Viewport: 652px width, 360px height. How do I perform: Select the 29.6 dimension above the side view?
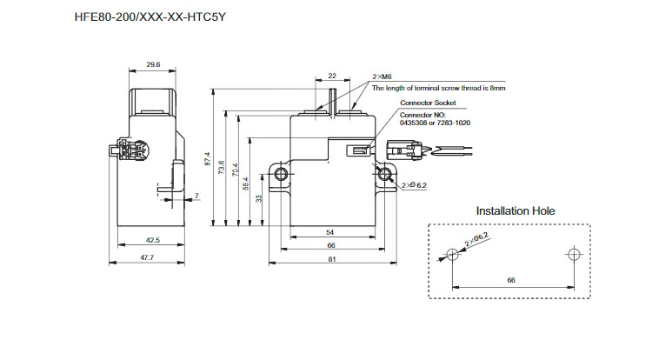click(x=152, y=64)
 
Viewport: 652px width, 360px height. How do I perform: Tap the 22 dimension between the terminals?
click(x=332, y=77)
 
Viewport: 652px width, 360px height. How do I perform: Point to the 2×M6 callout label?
click(x=383, y=77)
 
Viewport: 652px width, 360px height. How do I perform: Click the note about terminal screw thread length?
click(x=438, y=88)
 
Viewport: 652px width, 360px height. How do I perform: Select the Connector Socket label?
click(x=427, y=103)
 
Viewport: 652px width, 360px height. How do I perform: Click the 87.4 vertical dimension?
click(x=208, y=160)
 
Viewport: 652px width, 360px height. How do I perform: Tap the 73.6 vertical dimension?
click(x=221, y=167)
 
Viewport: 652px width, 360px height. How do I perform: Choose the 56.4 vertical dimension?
click(x=245, y=183)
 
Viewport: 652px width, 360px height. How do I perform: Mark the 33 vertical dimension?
click(x=258, y=198)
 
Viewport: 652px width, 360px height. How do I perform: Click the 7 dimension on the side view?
click(x=196, y=195)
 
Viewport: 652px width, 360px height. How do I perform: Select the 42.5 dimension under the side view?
click(x=151, y=240)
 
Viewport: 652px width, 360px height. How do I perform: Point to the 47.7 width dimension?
click(x=147, y=257)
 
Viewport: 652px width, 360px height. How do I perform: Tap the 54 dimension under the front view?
click(x=329, y=233)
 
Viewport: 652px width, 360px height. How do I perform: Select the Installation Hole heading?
click(x=516, y=210)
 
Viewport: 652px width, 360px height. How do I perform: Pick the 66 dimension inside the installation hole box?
click(x=510, y=280)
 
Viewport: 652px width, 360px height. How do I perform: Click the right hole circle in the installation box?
click(x=571, y=254)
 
